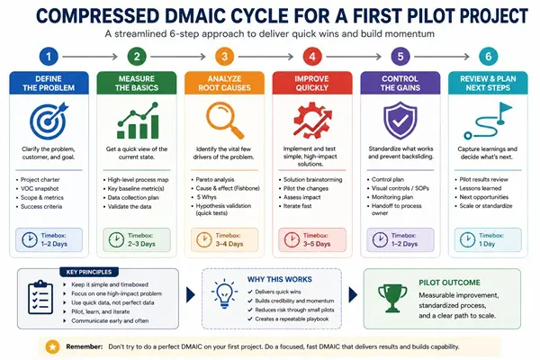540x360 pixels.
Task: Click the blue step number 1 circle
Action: [49, 57]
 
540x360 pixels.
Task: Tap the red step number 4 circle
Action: [312, 57]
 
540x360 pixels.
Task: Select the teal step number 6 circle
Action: [489, 57]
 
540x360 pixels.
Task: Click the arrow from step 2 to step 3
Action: [178, 57]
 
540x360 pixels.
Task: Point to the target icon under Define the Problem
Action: [49, 121]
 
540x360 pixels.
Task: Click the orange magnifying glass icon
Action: [225, 121]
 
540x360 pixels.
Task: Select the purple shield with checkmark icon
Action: [400, 121]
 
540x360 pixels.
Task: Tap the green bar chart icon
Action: [138, 121]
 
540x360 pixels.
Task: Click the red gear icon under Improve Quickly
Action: [312, 120]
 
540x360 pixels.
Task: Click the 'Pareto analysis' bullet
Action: [215, 179]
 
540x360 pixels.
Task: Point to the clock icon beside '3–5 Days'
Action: [292, 239]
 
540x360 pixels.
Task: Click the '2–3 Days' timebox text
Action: [141, 244]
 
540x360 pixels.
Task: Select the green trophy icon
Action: [392, 298]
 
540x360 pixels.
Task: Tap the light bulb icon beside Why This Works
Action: [224, 294]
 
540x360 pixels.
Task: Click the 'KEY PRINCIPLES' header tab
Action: [89, 272]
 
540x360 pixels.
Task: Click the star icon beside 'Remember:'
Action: [53, 346]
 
